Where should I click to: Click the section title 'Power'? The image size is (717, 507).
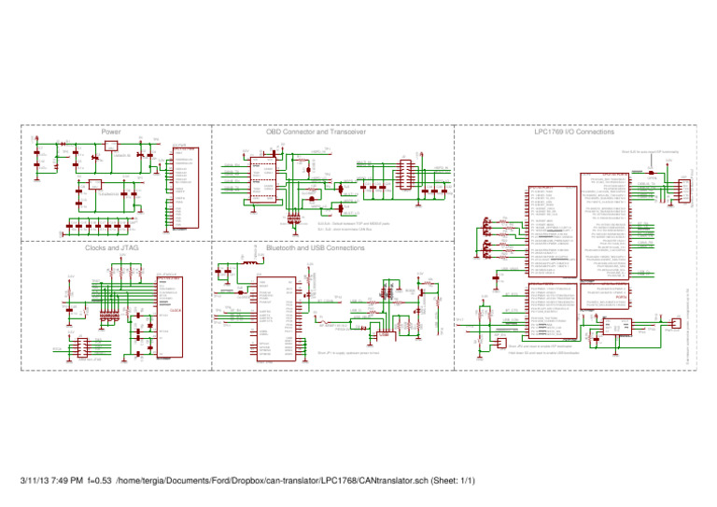(112, 133)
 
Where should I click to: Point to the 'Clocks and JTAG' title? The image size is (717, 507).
(112, 249)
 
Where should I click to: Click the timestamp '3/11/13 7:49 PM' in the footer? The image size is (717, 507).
(49, 481)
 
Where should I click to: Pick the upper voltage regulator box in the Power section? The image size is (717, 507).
(111, 146)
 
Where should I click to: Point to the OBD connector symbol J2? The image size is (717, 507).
(404, 176)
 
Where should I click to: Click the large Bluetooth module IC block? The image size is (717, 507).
(277, 317)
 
